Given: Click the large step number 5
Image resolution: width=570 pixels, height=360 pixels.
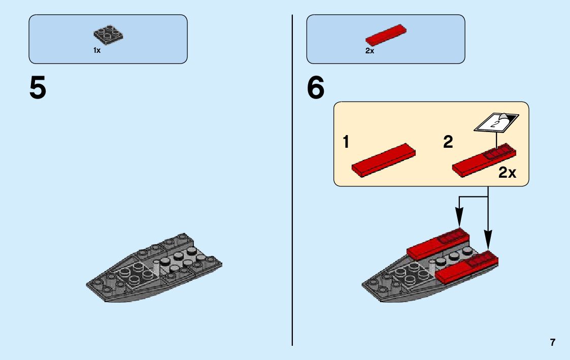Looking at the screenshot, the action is [38, 88].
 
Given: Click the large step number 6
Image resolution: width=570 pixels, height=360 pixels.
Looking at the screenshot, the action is [315, 88].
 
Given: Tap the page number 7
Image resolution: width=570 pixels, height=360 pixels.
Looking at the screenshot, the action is [553, 342].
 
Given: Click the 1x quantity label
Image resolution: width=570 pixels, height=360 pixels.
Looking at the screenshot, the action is [97, 51].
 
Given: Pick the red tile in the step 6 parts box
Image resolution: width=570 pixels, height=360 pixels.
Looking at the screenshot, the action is [386, 34].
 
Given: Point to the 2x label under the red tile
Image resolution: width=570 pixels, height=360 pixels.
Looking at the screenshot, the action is [370, 51].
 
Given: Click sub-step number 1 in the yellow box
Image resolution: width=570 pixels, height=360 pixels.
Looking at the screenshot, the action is [346, 143].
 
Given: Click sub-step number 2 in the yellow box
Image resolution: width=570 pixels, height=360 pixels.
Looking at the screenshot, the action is [448, 143].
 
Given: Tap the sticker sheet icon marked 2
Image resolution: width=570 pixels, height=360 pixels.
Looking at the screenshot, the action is [496, 122].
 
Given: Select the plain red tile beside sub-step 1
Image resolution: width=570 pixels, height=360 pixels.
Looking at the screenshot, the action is [384, 159].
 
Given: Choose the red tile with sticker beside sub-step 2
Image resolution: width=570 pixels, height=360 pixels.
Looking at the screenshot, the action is [484, 159].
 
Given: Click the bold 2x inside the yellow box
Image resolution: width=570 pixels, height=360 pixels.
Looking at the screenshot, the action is [507, 173].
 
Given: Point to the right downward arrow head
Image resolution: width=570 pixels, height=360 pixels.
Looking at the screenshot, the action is [488, 244].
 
